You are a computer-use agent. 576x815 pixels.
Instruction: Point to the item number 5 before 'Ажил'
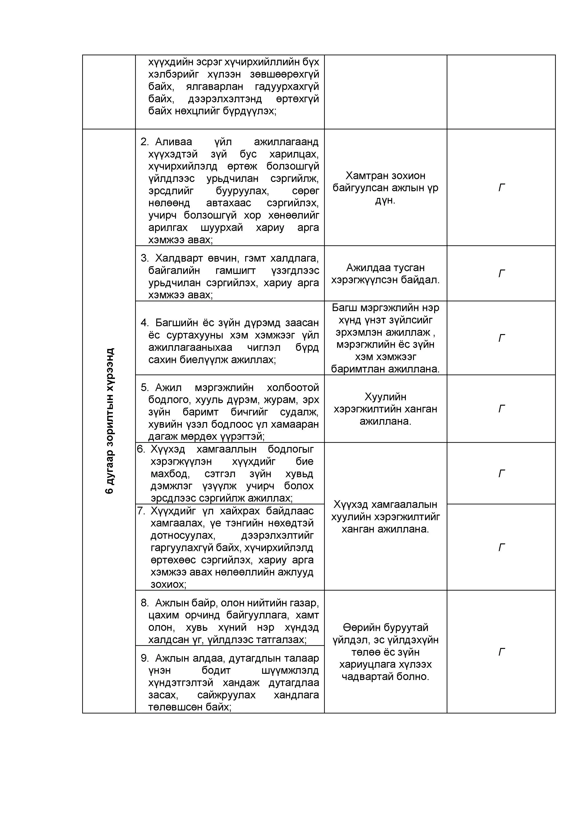(x=144, y=387)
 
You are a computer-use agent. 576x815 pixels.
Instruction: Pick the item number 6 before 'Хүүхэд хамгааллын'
(x=141, y=449)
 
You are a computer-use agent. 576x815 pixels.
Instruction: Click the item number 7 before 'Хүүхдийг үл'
(x=141, y=511)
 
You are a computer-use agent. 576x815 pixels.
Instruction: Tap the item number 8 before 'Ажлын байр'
(x=144, y=603)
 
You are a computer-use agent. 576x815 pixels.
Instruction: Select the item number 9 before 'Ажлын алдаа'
(x=144, y=658)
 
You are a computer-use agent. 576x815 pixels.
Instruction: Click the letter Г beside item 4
(x=501, y=338)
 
